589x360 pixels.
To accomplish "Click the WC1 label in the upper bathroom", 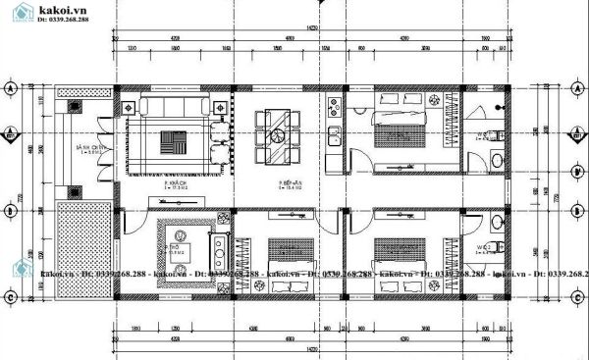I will click(484, 136).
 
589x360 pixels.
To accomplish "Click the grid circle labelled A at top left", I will click(11, 89).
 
